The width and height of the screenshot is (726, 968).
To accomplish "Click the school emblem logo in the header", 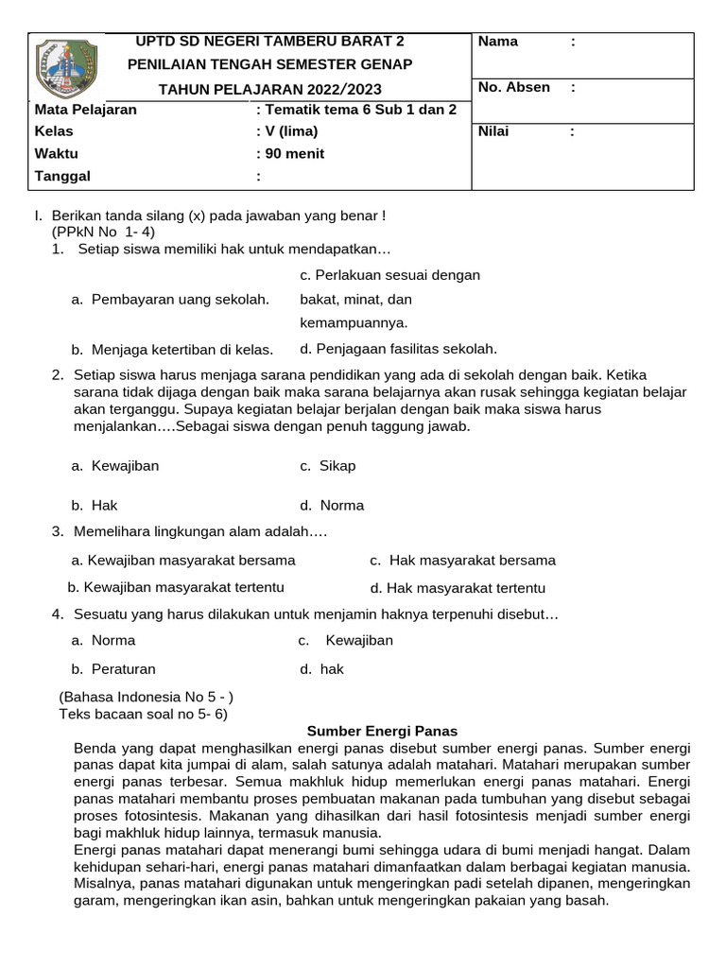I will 65,72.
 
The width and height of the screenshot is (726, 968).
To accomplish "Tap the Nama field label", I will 498,42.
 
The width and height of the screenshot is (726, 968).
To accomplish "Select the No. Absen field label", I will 514,87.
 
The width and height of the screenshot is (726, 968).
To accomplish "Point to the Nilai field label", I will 494,131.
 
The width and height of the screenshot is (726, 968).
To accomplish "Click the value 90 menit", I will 294,153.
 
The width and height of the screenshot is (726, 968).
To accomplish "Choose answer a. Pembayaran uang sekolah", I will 170,300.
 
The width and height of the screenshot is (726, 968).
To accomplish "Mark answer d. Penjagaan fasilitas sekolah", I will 398,348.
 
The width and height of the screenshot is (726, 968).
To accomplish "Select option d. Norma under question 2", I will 332,505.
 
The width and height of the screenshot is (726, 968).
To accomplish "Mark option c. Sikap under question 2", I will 328,466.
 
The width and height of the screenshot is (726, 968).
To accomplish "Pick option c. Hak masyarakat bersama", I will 462,560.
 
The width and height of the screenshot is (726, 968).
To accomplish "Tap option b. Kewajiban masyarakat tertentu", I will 177,587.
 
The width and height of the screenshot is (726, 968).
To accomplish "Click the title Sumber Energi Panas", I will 383,731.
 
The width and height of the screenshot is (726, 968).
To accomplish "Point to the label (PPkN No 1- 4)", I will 103,232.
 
